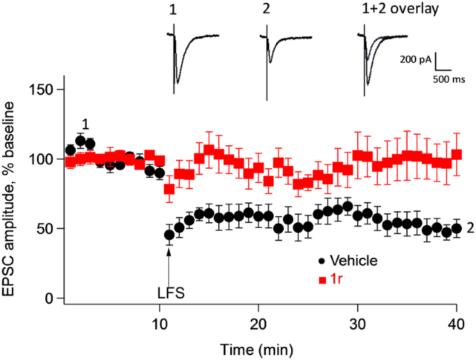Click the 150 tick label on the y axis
41,90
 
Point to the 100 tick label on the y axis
41,159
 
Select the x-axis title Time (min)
258,347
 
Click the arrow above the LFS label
168,261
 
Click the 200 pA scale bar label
415,60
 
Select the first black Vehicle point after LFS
169,235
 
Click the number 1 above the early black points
85,124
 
